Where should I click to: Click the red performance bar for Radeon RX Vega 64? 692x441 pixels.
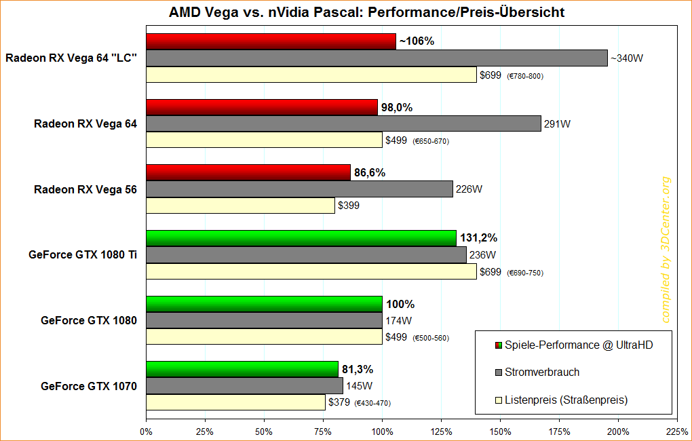point(262,107)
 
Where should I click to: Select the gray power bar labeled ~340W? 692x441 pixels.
point(377,58)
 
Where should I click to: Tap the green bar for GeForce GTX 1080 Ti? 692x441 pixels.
point(301,238)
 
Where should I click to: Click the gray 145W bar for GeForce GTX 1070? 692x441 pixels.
point(244,386)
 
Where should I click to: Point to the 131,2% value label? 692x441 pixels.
point(479,238)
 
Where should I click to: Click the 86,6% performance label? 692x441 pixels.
point(369,173)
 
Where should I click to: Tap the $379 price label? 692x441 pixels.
point(339,402)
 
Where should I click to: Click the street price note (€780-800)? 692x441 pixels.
point(525,76)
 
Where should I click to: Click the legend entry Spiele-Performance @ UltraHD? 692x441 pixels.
point(579,345)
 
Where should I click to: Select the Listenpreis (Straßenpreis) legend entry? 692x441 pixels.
point(566,400)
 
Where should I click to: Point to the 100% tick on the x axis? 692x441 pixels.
point(382,431)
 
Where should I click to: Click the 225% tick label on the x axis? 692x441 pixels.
point(677,431)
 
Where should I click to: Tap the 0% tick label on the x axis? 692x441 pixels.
point(146,431)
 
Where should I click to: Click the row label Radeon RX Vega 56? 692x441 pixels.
point(85,190)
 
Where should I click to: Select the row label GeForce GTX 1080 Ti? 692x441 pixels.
point(83,255)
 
